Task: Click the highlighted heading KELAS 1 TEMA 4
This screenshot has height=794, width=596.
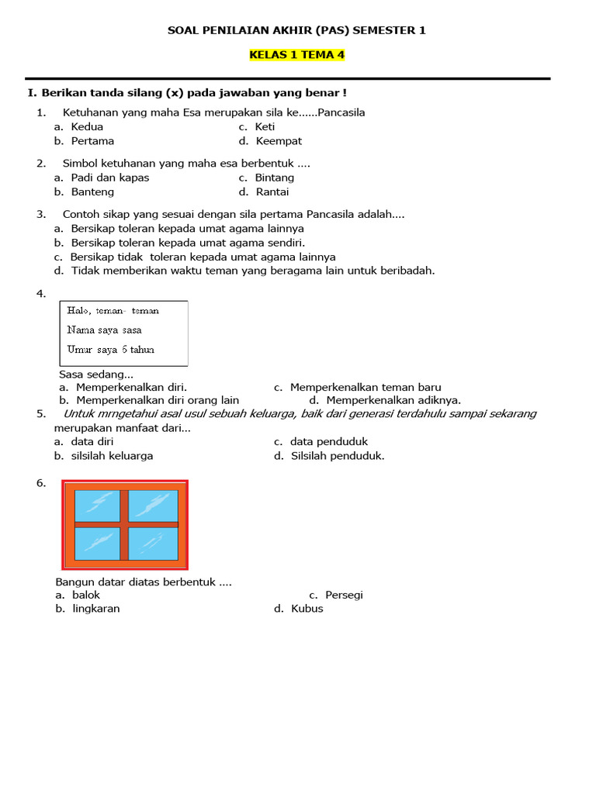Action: click(296, 55)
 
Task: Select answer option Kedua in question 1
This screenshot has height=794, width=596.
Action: click(86, 127)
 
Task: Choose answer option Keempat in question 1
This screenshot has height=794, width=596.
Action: click(278, 141)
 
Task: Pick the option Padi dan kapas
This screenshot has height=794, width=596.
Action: click(109, 178)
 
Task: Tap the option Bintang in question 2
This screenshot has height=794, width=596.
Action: click(274, 178)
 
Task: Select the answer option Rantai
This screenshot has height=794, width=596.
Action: click(272, 192)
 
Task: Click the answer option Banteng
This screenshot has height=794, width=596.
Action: click(92, 192)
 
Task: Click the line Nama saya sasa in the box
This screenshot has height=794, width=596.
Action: click(104, 330)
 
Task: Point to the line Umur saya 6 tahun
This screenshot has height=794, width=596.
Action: click(110, 350)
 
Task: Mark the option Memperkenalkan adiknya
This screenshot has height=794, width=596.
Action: click(393, 400)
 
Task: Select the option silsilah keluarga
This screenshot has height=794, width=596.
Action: click(112, 456)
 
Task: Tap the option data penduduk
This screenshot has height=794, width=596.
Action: click(328, 442)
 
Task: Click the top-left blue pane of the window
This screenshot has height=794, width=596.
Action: click(97, 506)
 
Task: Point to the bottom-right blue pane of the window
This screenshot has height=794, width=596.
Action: click(154, 544)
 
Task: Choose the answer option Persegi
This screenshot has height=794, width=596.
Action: click(344, 595)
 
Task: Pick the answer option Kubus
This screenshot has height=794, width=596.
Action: click(307, 609)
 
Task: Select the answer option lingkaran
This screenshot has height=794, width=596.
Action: click(95, 609)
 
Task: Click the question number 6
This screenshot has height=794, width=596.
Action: click(41, 483)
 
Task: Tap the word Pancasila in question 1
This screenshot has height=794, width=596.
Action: click(341, 112)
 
